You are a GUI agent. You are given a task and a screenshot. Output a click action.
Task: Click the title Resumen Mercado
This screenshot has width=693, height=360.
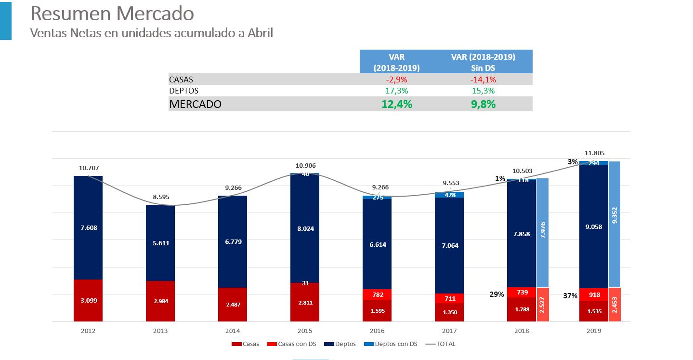[112, 14]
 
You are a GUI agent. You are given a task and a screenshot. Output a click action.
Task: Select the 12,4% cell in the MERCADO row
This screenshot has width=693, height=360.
[396, 104]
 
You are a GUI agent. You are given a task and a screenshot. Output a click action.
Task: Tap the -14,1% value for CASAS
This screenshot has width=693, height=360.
[483, 80]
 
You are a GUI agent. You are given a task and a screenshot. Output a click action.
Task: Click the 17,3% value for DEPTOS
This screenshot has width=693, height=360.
[396, 91]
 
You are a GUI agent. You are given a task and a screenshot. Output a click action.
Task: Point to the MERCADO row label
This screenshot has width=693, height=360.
[195, 104]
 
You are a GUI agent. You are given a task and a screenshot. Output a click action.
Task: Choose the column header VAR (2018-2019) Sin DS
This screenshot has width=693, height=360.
[483, 62]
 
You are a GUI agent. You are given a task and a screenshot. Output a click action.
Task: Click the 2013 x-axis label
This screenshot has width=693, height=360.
[160, 331]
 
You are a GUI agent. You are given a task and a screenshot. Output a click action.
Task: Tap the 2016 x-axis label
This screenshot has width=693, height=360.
[377, 331]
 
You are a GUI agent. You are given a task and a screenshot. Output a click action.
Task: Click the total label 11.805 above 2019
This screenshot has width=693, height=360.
[593, 153]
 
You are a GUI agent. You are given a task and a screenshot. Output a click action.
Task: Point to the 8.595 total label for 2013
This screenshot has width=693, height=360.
[160, 197]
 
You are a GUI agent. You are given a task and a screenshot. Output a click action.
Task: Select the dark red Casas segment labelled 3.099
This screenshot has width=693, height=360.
[88, 300]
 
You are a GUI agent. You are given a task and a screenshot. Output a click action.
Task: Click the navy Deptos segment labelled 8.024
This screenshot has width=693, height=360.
[305, 228]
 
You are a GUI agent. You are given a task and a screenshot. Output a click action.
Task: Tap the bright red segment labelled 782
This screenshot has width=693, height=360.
[377, 294]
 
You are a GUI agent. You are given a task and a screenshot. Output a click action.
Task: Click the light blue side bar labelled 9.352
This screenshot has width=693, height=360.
[614, 224]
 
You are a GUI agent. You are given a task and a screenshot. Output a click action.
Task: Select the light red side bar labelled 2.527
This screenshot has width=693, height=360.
[542, 305]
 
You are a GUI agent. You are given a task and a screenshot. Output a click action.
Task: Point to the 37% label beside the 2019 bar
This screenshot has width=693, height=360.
[570, 296]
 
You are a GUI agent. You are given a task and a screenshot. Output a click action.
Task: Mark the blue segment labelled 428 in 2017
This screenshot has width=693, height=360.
[449, 195]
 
